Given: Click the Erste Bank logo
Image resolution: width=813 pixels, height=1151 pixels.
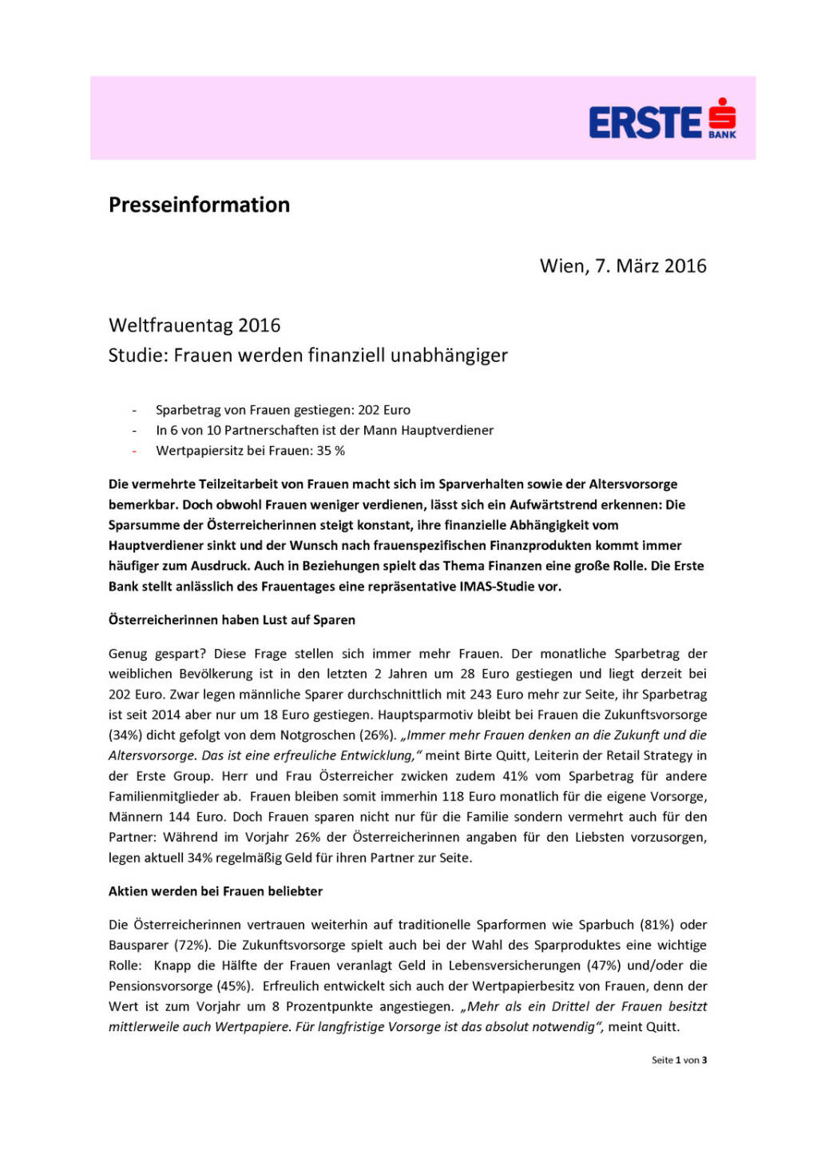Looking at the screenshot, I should (x=662, y=121).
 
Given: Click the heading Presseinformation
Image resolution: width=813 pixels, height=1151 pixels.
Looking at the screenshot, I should (x=199, y=205).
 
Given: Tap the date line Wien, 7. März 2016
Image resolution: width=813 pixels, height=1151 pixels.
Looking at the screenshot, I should (x=623, y=266).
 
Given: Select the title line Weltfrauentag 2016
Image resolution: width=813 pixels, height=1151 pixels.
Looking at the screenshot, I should (x=194, y=325).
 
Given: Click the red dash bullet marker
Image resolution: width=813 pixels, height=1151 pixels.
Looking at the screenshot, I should (x=134, y=451).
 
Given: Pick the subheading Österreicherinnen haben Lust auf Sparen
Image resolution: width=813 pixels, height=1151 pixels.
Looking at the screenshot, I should (x=232, y=619).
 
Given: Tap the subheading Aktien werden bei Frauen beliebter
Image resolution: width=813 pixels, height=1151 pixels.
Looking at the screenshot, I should (x=216, y=890).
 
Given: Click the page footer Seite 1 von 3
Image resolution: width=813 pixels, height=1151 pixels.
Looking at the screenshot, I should (x=679, y=1060).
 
